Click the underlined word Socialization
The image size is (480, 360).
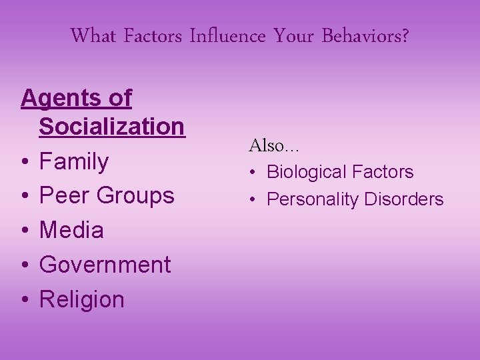(111, 126)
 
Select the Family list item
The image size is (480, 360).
(74, 161)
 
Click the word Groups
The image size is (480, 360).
(135, 197)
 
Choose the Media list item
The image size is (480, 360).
(71, 231)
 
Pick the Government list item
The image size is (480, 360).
(105, 265)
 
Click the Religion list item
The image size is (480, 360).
(82, 300)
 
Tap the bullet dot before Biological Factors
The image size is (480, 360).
(255, 173)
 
